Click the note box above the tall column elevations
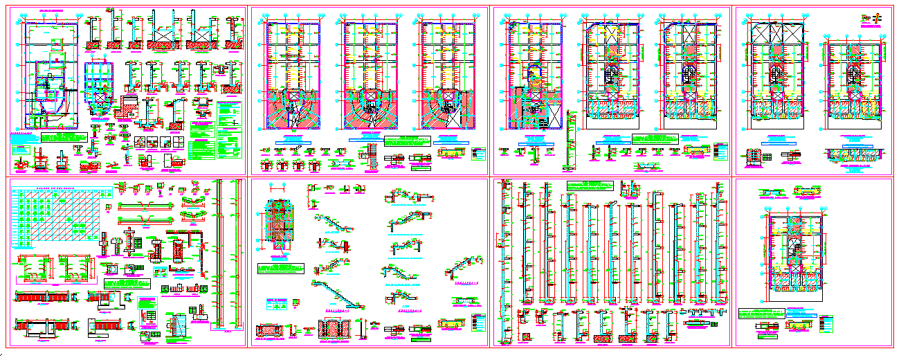[x=590, y=186]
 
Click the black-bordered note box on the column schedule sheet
[x=129, y=285]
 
